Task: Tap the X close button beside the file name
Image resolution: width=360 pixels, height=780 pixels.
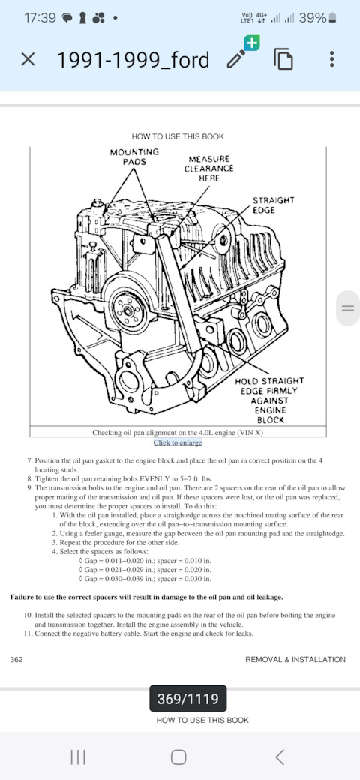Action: click(28, 60)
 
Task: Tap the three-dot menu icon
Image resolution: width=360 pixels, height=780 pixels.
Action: click(332, 59)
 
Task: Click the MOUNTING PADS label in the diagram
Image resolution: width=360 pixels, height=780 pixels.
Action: click(134, 157)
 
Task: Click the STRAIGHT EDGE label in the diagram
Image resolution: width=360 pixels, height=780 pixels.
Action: click(274, 205)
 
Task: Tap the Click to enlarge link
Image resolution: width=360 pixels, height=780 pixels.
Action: click(178, 442)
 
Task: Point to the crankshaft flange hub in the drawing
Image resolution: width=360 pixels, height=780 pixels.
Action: click(129, 311)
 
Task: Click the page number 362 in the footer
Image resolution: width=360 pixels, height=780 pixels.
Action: click(16, 659)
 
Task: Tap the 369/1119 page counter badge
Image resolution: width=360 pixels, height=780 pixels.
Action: click(188, 698)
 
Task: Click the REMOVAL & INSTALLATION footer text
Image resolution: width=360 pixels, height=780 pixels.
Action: click(295, 659)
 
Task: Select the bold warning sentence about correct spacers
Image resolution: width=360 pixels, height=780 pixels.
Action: click(147, 597)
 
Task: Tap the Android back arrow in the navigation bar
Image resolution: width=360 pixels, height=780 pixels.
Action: click(280, 757)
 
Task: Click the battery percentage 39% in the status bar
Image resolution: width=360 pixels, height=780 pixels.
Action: click(313, 19)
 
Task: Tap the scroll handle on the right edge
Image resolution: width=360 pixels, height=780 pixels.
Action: click(348, 308)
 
